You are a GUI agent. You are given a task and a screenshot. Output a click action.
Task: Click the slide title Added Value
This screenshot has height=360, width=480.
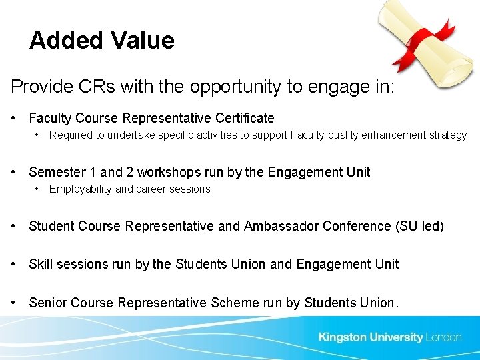pyautogui.click(x=101, y=41)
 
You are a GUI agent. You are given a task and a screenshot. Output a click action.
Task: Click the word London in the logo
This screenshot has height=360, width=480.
pyautogui.click(x=444, y=337)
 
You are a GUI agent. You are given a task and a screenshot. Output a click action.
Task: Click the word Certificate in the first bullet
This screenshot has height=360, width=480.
pyautogui.click(x=245, y=118)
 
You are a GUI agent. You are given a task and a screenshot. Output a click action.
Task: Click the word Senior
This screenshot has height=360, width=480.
pyautogui.click(x=48, y=303)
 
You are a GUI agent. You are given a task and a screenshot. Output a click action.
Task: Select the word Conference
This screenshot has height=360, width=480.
pyautogui.click(x=357, y=226)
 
